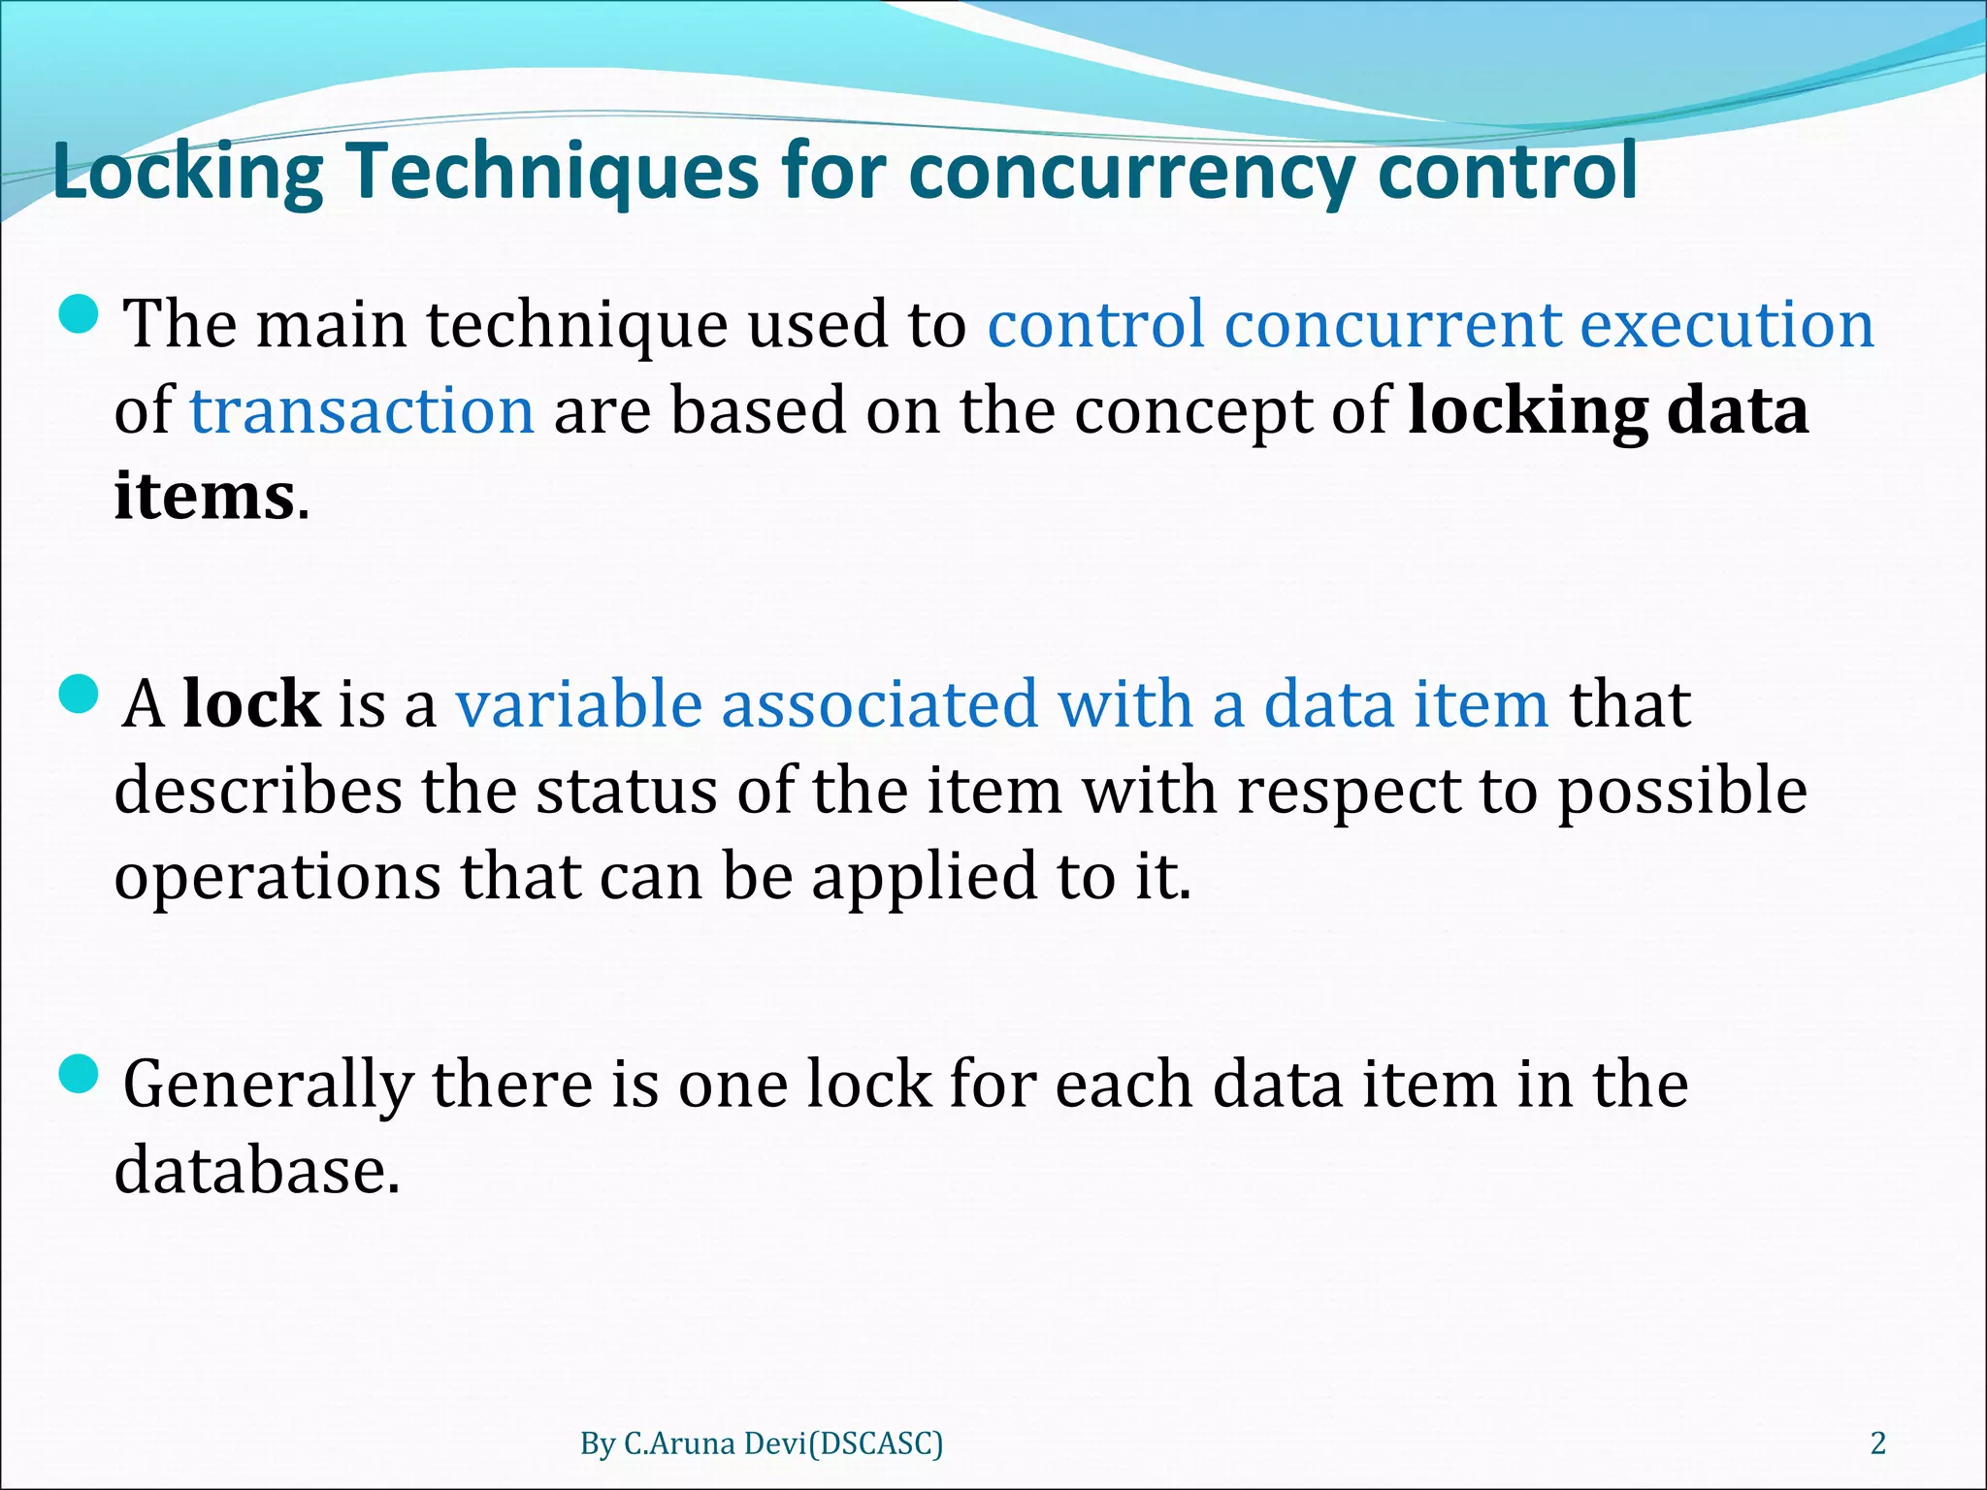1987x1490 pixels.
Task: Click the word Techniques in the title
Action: click(553, 172)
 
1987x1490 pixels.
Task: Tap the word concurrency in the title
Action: click(1130, 172)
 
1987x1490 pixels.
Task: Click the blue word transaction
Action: click(362, 410)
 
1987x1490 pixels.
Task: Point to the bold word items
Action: click(204, 497)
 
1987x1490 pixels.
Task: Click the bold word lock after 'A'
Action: click(251, 703)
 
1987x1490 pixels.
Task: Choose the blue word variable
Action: click(578, 703)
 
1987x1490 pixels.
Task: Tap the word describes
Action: click(257, 791)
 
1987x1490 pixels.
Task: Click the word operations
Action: click(277, 877)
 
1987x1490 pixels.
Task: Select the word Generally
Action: click(267, 1085)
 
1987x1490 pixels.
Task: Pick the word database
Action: click(257, 1170)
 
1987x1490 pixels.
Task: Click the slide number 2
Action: click(1877, 1443)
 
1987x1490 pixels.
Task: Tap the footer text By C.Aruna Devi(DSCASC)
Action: click(762, 1443)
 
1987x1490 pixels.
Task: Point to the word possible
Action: click(1682, 791)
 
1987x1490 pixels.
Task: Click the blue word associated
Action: click(879, 703)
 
